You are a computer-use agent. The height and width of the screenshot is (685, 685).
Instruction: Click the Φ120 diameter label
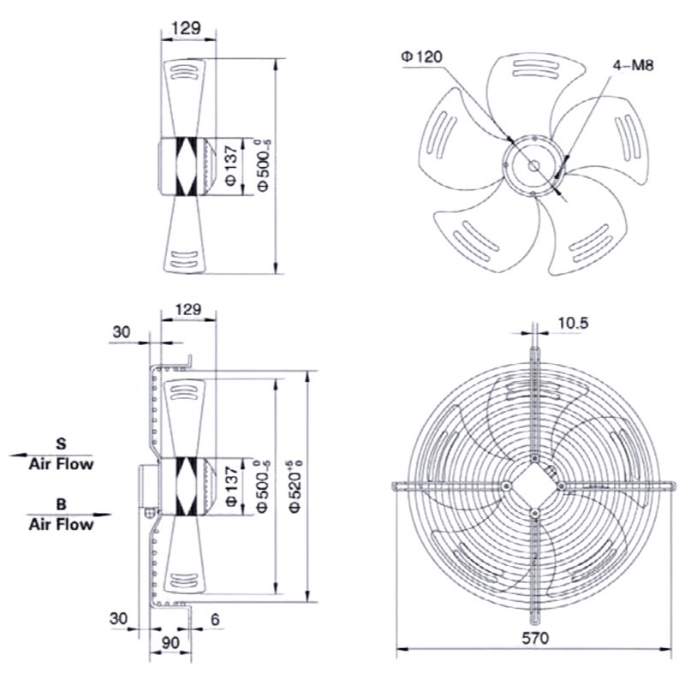click(x=421, y=57)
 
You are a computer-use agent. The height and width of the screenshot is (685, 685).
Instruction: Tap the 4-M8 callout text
click(x=633, y=66)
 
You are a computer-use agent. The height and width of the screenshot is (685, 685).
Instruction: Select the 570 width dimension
click(x=534, y=638)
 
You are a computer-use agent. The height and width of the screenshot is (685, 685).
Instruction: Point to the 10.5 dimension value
click(x=573, y=323)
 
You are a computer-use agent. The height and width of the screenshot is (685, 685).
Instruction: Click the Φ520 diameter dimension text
click(x=296, y=486)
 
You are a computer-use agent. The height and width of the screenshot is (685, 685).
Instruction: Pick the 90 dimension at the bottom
click(x=170, y=643)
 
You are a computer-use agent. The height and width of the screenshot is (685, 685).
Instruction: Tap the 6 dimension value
click(x=215, y=619)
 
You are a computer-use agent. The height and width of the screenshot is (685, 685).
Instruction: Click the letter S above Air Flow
click(x=61, y=444)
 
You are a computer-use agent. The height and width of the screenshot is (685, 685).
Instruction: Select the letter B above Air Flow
click(x=61, y=504)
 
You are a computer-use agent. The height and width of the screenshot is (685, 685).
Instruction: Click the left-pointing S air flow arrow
click(x=51, y=456)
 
